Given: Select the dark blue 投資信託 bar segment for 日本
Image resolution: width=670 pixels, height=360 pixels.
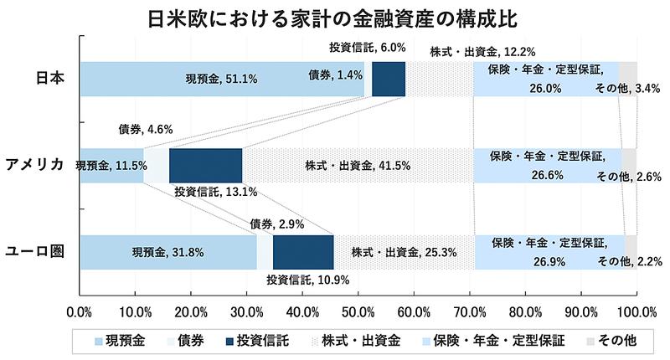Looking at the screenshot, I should click(389, 80).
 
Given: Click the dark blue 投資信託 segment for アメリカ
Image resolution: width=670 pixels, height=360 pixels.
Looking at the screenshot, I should click(205, 165).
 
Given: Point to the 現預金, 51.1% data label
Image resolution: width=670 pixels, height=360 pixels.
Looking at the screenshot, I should click(221, 80).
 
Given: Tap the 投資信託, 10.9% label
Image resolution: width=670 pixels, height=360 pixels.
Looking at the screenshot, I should click(308, 280).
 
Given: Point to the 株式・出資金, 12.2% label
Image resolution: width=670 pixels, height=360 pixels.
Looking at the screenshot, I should click(482, 52).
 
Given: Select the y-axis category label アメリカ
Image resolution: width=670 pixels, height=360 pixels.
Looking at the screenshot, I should click(35, 165).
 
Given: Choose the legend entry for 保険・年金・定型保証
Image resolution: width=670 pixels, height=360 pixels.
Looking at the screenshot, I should click(508, 342).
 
